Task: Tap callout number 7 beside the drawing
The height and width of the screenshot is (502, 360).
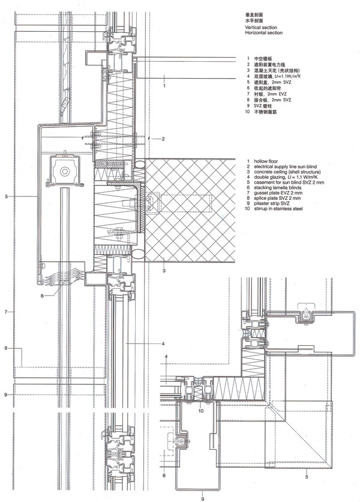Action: (5, 312)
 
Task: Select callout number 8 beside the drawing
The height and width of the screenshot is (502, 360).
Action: (5, 348)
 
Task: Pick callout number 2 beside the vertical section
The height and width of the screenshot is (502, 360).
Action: (163, 139)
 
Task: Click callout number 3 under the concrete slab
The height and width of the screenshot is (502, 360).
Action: (163, 271)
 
